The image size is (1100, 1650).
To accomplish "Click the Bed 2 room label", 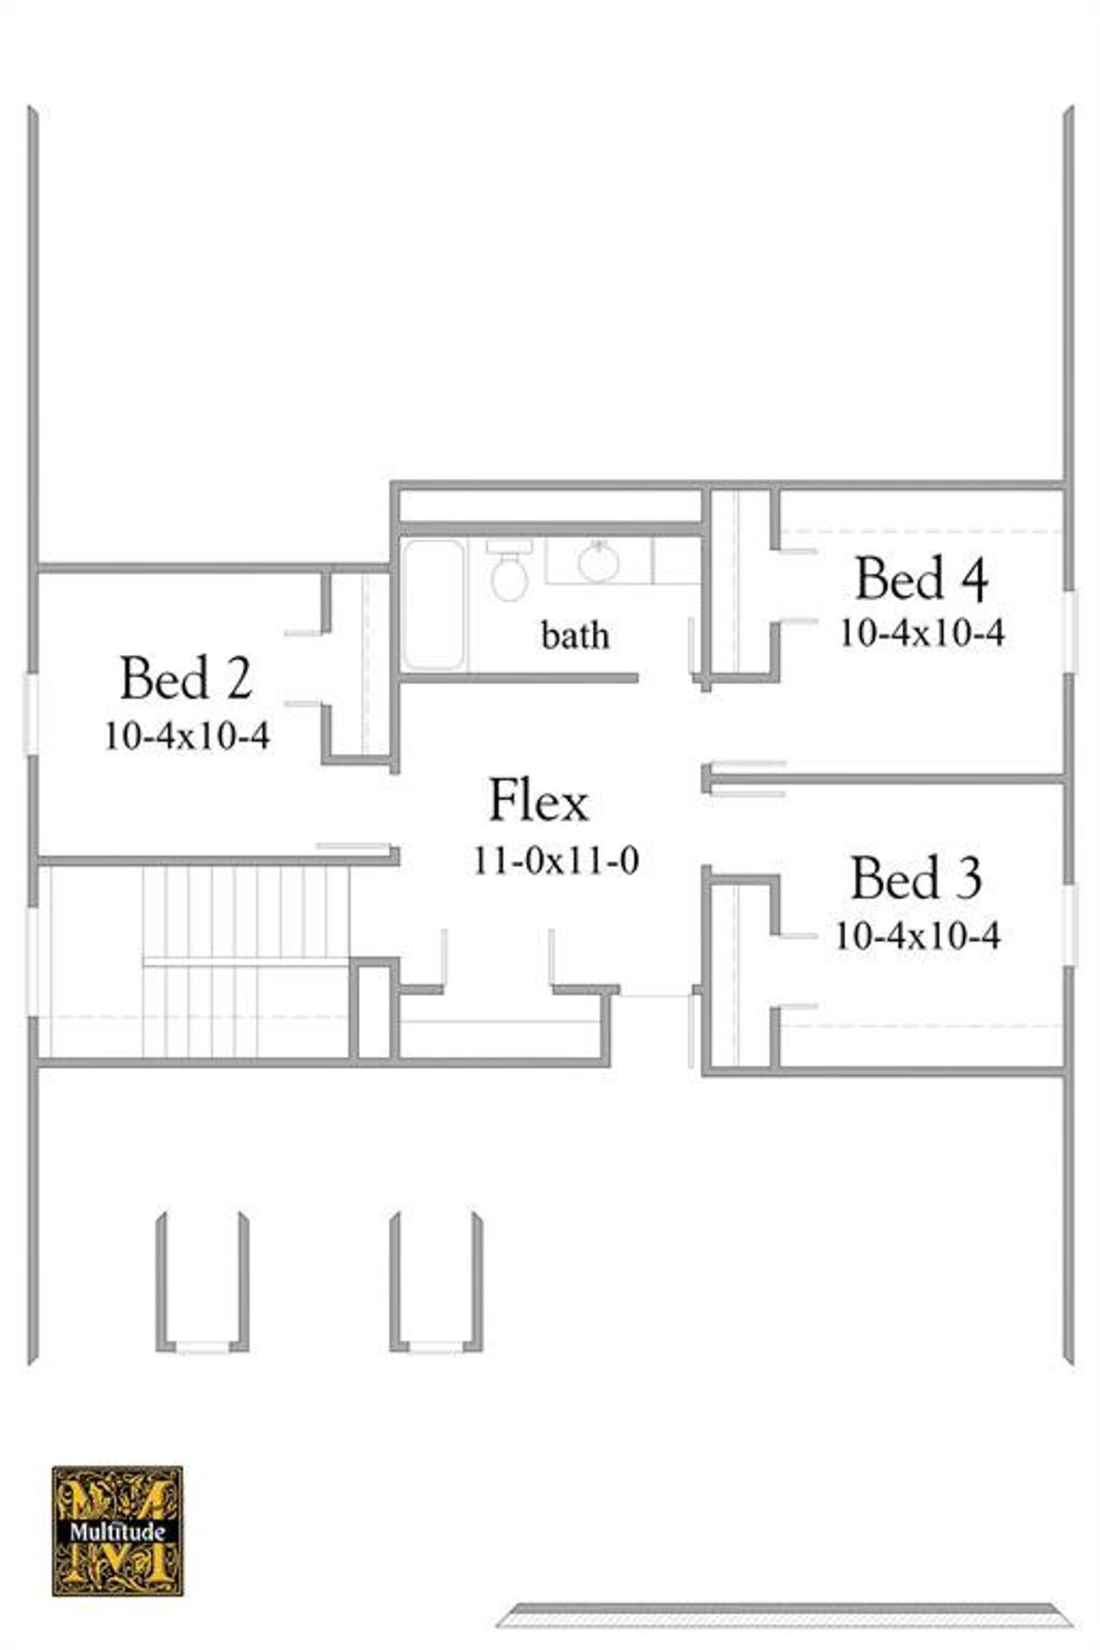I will [x=186, y=678].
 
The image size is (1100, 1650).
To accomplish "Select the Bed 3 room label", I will [x=916, y=879].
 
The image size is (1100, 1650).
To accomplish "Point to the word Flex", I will [x=538, y=801].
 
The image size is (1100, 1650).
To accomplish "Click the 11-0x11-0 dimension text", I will [x=556, y=860].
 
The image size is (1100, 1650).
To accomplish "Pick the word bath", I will [x=575, y=636].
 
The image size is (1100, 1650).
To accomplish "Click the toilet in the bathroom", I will [x=509, y=571].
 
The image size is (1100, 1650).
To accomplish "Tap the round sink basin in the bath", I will [x=599, y=562].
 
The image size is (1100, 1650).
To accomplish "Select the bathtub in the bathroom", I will [x=434, y=604].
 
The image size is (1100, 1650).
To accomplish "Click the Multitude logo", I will [x=118, y=1531].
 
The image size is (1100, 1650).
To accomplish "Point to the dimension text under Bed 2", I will [x=187, y=736].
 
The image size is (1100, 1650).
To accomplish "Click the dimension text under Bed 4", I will [x=922, y=633].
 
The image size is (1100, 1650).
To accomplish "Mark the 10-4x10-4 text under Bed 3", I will [x=917, y=935].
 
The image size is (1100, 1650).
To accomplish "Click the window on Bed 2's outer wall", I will [x=32, y=714].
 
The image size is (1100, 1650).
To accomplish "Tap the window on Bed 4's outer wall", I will [x=1069, y=632].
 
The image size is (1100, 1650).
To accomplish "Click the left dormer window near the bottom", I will [x=203, y=1347].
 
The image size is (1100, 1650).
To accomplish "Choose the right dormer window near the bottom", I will [x=436, y=1347].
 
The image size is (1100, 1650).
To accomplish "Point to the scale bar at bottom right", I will [x=785, y=1615].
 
